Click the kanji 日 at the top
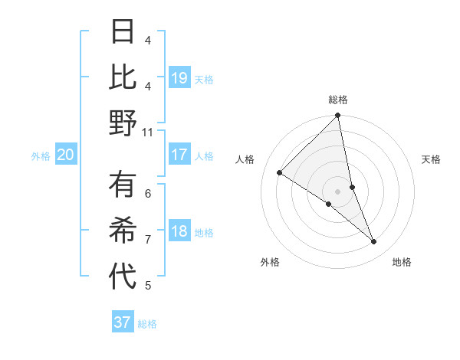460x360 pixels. tap(123, 33)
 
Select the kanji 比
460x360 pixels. tap(123, 77)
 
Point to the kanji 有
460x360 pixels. tap(123, 185)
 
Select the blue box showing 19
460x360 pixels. tap(179, 77)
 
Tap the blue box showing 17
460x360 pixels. tap(179, 155)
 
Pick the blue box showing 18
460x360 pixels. tap(179, 231)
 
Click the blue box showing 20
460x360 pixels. tap(66, 155)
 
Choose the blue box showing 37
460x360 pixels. tap(123, 322)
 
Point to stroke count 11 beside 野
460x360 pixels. tap(147, 132)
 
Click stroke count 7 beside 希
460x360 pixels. tap(148, 240)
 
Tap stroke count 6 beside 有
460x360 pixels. tap(148, 193)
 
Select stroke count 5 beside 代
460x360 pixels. tap(148, 286)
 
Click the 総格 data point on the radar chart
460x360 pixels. tap(337, 116)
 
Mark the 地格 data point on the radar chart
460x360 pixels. tap(374, 242)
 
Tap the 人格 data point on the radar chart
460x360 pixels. tap(280, 173)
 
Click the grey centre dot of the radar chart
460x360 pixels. tap(337, 191)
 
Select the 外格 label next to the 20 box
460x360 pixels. tap(41, 156)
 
